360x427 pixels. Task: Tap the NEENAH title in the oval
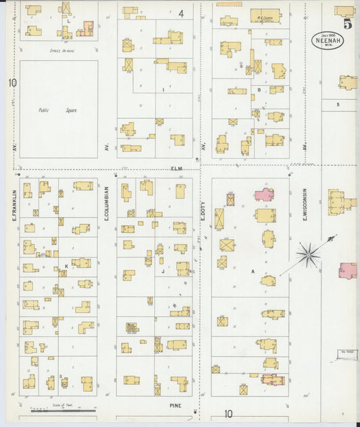[x=328, y=39]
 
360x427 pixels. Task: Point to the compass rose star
[x=309, y=254]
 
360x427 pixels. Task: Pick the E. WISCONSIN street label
[x=305, y=203]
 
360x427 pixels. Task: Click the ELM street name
[x=177, y=168]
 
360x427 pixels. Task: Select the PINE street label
[x=176, y=405]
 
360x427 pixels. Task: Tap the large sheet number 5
[x=346, y=24]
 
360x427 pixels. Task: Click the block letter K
[x=66, y=266]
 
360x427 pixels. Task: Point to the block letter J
[x=163, y=272]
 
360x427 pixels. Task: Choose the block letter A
[x=253, y=272]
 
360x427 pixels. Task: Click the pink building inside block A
[x=264, y=195]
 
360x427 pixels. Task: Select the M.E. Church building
[x=265, y=16]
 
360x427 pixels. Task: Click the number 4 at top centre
[x=181, y=13]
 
